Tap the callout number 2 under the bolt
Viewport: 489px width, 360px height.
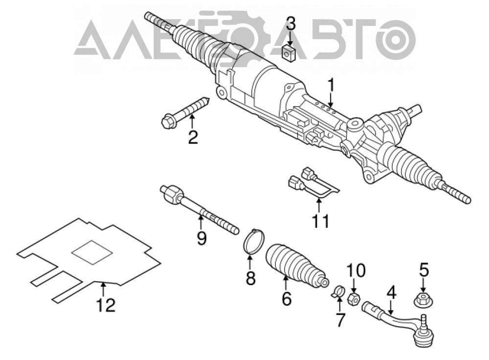[193, 137]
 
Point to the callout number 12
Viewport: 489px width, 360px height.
[106, 305]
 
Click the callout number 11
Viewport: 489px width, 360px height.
[320, 222]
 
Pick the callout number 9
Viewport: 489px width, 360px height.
[201, 239]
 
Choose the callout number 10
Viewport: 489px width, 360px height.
[356, 270]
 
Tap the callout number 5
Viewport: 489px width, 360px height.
[423, 270]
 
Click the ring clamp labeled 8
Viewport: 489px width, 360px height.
[253, 240]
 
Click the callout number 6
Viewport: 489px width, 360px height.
[286, 298]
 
